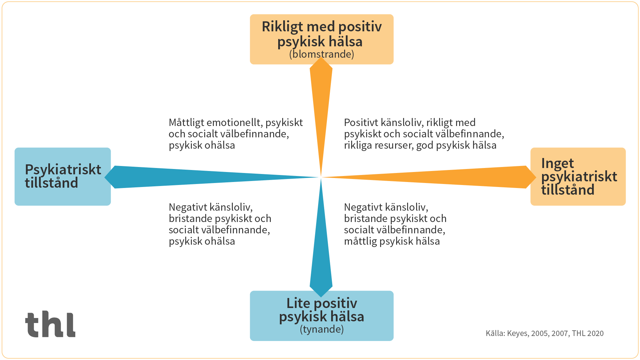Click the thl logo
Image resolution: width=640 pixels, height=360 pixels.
pyautogui.click(x=50, y=324)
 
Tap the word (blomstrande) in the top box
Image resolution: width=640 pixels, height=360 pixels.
pyautogui.click(x=321, y=54)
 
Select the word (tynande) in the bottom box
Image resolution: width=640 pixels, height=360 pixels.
pyautogui.click(x=321, y=329)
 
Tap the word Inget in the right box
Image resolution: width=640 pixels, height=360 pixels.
pyautogui.click(x=557, y=163)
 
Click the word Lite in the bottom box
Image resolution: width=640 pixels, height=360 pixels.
pyautogui.click(x=298, y=303)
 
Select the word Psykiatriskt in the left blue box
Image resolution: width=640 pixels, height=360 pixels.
pyautogui.click(x=63, y=169)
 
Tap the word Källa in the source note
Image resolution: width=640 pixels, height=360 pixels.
pyautogui.click(x=495, y=333)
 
